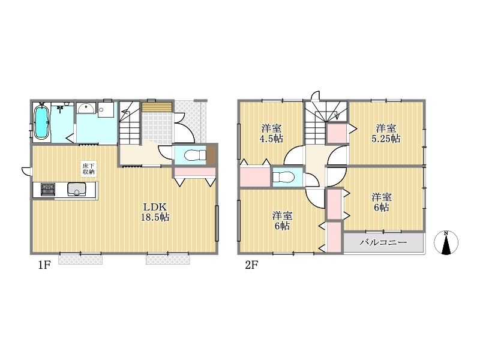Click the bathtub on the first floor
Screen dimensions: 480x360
coord(42,122)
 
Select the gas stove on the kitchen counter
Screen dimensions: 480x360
coord(48,190)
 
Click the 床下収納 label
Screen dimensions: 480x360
coord(88,169)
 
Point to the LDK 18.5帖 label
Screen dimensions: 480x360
coord(155,212)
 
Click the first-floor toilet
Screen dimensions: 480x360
coord(196,155)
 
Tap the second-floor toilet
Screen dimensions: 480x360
coord(283,177)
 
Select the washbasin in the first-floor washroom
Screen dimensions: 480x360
coord(86,109)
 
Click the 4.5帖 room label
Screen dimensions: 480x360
coord(271,133)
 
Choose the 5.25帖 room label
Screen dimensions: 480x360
coord(386,133)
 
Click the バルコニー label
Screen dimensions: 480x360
coord(383,242)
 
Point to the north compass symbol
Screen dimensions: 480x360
coord(446,242)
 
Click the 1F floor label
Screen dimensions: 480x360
coord(44,265)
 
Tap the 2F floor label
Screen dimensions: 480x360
coord(251,265)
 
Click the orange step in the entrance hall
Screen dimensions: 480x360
coord(157,107)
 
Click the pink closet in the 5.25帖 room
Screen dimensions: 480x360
coord(337,133)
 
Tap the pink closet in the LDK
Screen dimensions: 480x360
coord(195,172)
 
